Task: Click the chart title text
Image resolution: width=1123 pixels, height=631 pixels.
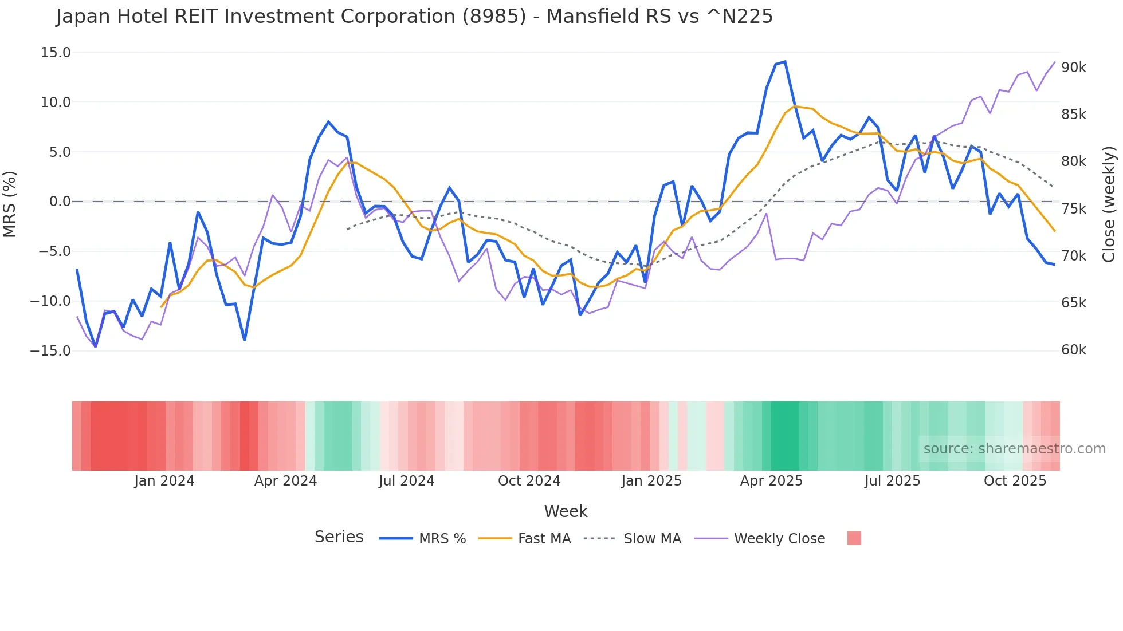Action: (x=414, y=17)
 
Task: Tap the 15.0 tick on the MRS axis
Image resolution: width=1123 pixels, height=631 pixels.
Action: (x=56, y=53)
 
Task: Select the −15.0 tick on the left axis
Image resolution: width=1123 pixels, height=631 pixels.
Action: (x=50, y=350)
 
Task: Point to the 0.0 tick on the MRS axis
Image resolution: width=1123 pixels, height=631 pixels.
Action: (x=60, y=202)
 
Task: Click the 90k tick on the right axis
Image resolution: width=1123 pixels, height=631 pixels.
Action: (x=1073, y=68)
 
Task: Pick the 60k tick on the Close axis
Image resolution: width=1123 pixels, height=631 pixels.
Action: (x=1073, y=350)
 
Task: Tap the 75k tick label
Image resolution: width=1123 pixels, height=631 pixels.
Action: (x=1073, y=209)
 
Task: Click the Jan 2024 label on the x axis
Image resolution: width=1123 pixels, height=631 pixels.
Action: (x=164, y=481)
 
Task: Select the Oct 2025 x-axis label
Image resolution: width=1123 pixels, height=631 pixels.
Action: (x=1015, y=481)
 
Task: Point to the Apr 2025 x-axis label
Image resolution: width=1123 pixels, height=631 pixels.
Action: (x=771, y=481)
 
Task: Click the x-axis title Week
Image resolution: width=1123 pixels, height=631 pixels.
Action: (x=566, y=511)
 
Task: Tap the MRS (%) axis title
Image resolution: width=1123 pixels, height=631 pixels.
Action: (x=10, y=204)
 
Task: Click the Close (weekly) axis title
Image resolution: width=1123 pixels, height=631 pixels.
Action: (x=1109, y=204)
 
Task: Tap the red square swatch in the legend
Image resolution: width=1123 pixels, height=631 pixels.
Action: (x=854, y=538)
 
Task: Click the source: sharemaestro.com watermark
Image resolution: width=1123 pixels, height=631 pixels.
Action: (x=1014, y=449)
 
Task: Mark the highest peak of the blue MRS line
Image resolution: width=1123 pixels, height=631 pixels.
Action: (x=785, y=61)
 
